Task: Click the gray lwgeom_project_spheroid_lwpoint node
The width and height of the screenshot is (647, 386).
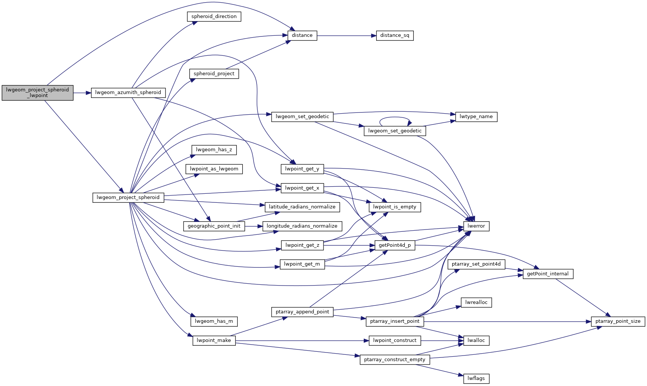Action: [x=37, y=93]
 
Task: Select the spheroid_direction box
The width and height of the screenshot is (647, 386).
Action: [x=214, y=17]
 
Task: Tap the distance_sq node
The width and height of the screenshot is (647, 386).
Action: [x=395, y=36]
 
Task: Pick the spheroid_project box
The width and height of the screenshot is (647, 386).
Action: [x=214, y=74]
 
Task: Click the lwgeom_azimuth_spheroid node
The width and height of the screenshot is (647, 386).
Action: [x=128, y=93]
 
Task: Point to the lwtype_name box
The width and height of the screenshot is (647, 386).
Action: [x=476, y=117]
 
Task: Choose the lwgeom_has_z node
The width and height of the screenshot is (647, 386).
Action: [x=214, y=150]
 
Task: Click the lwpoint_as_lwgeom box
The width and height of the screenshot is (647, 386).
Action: [x=214, y=169]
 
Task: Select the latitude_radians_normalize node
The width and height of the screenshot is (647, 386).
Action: [x=302, y=207]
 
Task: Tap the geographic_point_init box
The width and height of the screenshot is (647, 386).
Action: [x=214, y=226]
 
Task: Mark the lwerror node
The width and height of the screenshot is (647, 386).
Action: [x=476, y=226]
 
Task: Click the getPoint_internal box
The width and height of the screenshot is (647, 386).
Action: [x=548, y=274]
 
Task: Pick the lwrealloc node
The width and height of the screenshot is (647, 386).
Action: [x=476, y=302]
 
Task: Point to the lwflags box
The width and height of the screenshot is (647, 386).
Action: [x=476, y=378]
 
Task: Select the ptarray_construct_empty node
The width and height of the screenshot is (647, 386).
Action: [x=395, y=360]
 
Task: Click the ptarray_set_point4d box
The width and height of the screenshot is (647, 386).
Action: [x=476, y=264]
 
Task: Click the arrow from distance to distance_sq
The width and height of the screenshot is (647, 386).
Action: [x=346, y=36]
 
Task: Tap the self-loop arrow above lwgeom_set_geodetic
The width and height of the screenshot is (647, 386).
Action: [x=394, y=117]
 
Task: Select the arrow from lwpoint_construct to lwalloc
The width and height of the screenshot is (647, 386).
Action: [x=440, y=340]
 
